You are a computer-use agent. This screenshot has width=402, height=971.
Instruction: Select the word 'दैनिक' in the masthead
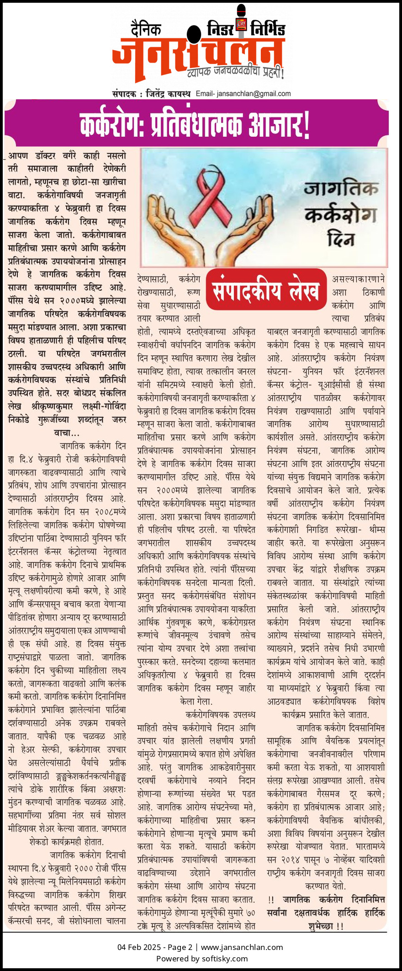pyautogui.click(x=146, y=29)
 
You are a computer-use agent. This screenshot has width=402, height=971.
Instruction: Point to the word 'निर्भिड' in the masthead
pyautogui.click(x=268, y=30)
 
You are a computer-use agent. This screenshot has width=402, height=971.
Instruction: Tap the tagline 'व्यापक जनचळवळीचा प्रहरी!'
pyautogui.click(x=235, y=71)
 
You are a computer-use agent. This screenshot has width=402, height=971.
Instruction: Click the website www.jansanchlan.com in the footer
pyautogui.click(x=242, y=947)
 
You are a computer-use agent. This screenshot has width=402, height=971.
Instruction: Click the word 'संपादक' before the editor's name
pyautogui.click(x=125, y=94)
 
